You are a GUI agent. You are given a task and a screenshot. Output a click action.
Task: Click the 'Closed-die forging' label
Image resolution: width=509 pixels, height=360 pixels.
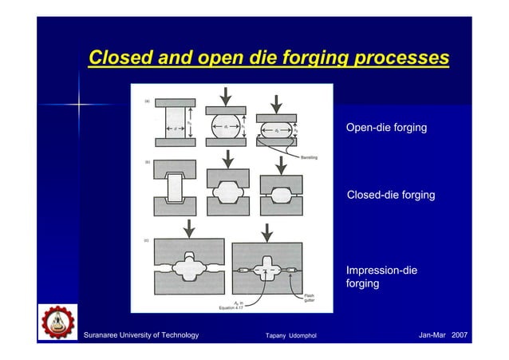[391, 195]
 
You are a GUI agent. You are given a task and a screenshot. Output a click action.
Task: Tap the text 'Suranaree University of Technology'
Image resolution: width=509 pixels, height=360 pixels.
[141, 334]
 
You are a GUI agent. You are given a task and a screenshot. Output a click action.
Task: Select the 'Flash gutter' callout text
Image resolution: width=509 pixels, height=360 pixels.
[308, 298]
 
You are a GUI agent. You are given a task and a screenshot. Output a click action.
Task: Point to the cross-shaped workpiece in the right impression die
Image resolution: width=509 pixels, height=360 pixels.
[266, 272]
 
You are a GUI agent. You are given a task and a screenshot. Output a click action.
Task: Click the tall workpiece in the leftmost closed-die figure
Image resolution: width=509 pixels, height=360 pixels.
[173, 193]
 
